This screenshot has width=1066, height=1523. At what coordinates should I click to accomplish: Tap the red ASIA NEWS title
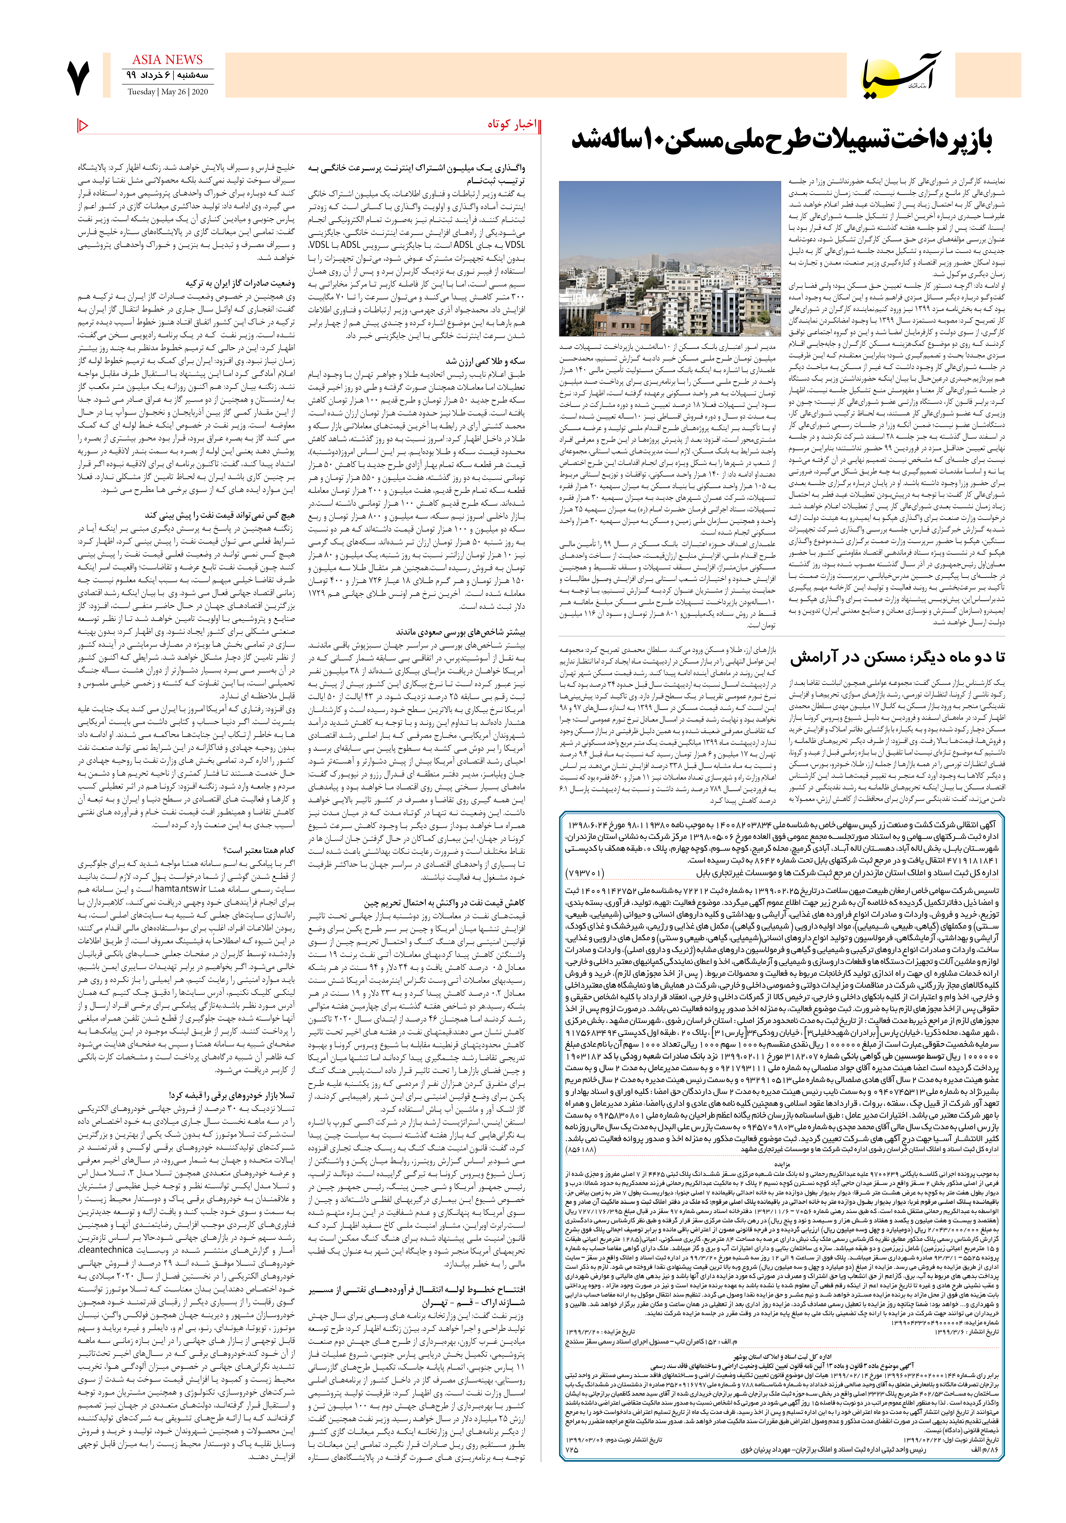click(167, 60)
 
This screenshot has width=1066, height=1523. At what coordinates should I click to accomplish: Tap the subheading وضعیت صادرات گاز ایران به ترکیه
click(240, 283)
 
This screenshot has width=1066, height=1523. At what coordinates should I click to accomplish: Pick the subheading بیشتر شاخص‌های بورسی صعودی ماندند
click(460, 632)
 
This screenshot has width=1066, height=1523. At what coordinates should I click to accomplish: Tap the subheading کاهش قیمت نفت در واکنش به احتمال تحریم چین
click(445, 903)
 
